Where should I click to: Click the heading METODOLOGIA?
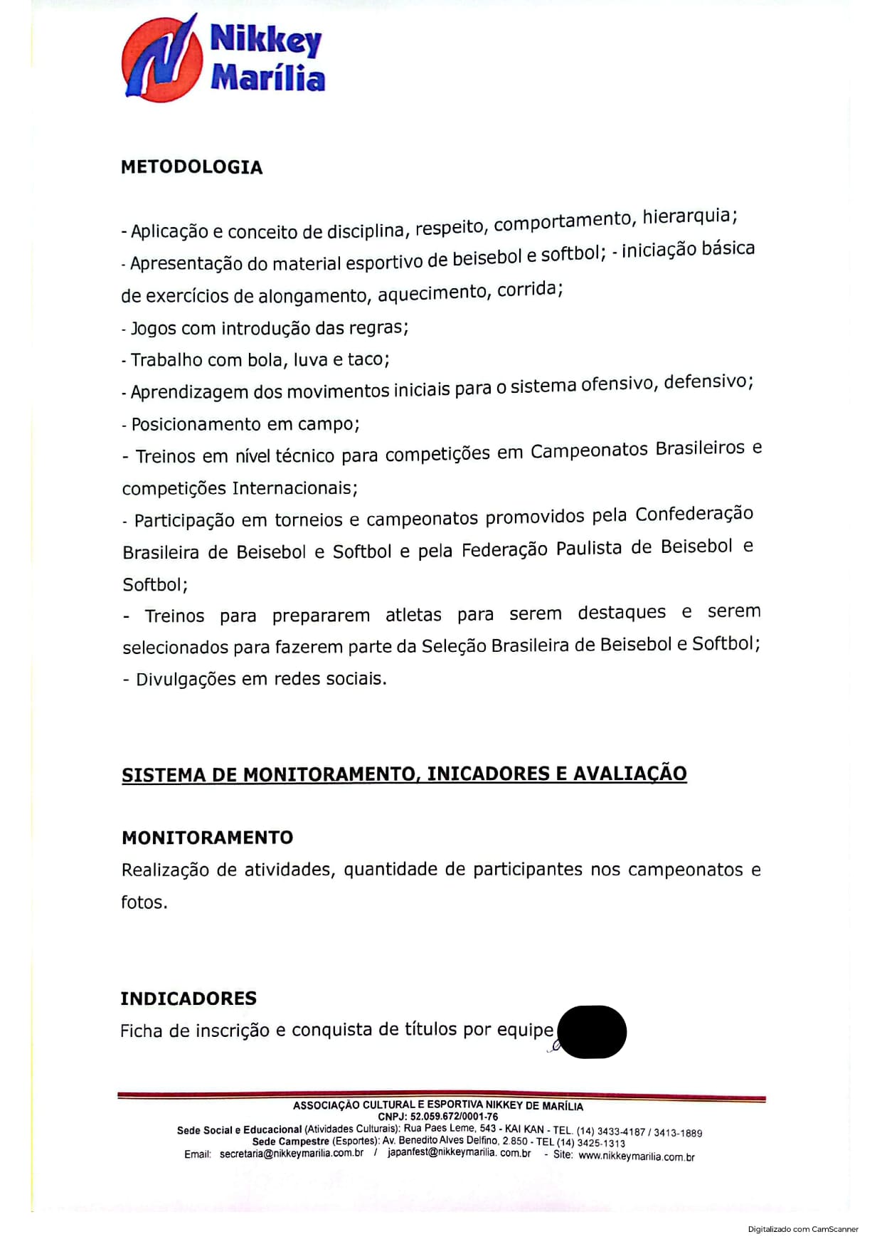click(x=192, y=167)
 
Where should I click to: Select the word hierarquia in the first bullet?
click(x=689, y=216)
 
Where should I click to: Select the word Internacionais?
click(x=293, y=488)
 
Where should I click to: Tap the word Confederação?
click(x=694, y=514)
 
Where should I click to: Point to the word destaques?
click(x=622, y=613)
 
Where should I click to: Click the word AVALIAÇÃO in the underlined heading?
click(x=629, y=774)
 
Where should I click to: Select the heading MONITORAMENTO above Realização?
click(x=207, y=838)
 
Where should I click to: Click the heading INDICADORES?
click(x=188, y=998)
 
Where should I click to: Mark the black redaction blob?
click(x=592, y=1031)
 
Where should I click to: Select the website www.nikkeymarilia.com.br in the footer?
click(x=636, y=1156)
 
